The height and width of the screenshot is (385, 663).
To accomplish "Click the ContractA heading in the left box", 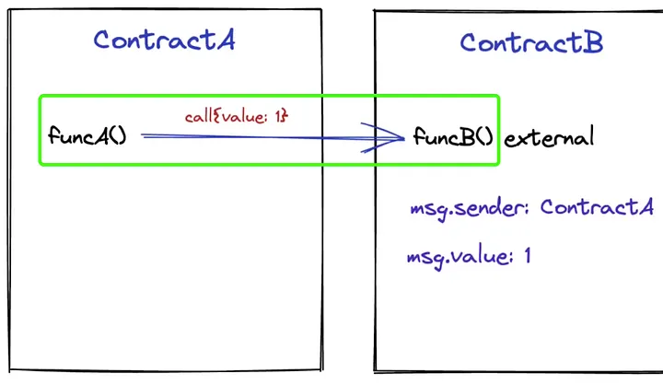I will pyautogui.click(x=164, y=40).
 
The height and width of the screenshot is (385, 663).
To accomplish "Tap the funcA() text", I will pyautogui.click(x=87, y=136).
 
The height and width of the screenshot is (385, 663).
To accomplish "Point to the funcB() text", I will pyautogui.click(x=454, y=138).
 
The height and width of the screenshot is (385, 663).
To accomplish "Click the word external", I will pyautogui.click(x=549, y=138).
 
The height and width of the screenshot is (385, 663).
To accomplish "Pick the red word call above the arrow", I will pyautogui.click(x=198, y=117).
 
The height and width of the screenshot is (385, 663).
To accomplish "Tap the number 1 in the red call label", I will pyautogui.click(x=279, y=117).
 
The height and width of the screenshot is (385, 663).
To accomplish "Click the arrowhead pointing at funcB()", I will pyautogui.click(x=401, y=138).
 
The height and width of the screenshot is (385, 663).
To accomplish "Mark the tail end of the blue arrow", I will pyautogui.click(x=143, y=135).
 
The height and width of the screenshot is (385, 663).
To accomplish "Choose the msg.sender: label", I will pyautogui.click(x=471, y=207).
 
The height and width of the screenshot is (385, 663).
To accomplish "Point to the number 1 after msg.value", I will pyautogui.click(x=527, y=255).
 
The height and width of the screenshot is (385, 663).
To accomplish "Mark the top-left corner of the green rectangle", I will pyautogui.click(x=40, y=96).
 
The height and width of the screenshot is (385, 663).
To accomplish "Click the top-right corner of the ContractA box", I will pyautogui.click(x=320, y=10).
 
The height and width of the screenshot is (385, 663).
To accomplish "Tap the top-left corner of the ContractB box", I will pyautogui.click(x=375, y=12).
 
